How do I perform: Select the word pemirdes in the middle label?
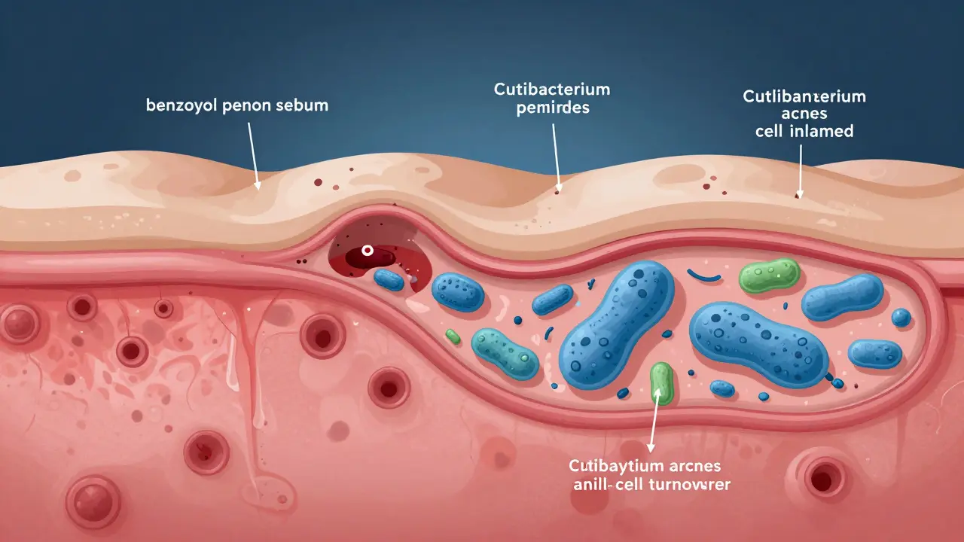pyautogui.click(x=552, y=108)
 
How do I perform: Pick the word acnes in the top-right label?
pyautogui.click(x=805, y=114)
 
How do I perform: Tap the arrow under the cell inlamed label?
pyautogui.click(x=801, y=170)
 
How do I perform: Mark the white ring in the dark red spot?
pyautogui.click(x=368, y=250)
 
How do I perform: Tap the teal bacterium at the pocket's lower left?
pyautogui.click(x=505, y=352)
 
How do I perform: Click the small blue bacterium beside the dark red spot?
pyautogui.click(x=389, y=279)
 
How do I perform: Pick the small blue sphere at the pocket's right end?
pyautogui.click(x=901, y=318)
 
